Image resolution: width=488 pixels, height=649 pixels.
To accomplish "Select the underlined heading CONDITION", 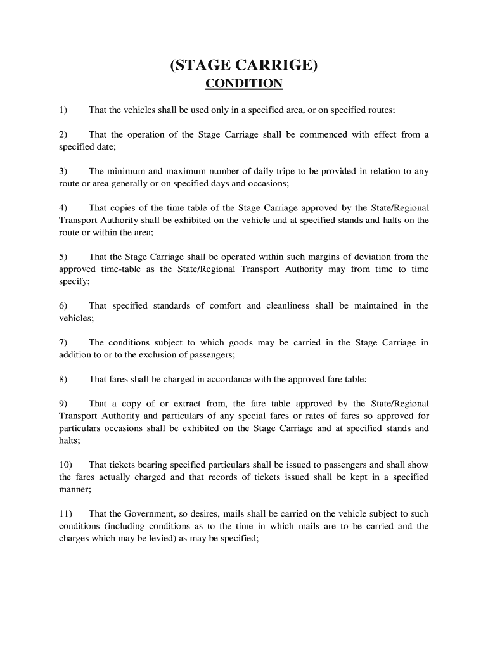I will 244,84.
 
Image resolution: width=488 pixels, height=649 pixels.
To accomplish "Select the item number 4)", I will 63,208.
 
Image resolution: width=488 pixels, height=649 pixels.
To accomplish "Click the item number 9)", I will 63,404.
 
